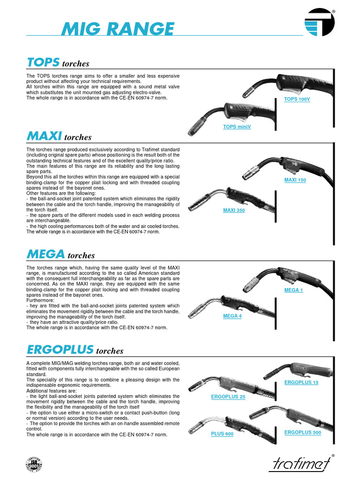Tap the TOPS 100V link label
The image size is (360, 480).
[297, 99]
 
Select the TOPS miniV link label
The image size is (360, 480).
[237, 127]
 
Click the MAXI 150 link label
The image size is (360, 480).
[295, 180]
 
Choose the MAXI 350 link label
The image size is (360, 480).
[234, 210]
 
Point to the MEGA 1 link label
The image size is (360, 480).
[294, 290]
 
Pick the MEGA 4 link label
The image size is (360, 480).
[232, 316]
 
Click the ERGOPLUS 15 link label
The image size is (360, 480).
[301, 383]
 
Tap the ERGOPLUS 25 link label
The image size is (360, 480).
[228, 397]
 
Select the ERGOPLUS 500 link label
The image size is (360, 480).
[303, 432]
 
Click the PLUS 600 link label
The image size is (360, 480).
[222, 434]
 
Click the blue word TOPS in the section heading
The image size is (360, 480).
[43, 62]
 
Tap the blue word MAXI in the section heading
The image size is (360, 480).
[45, 136]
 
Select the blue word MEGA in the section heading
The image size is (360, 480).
[46, 255]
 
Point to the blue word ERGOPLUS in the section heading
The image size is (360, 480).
[60, 350]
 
